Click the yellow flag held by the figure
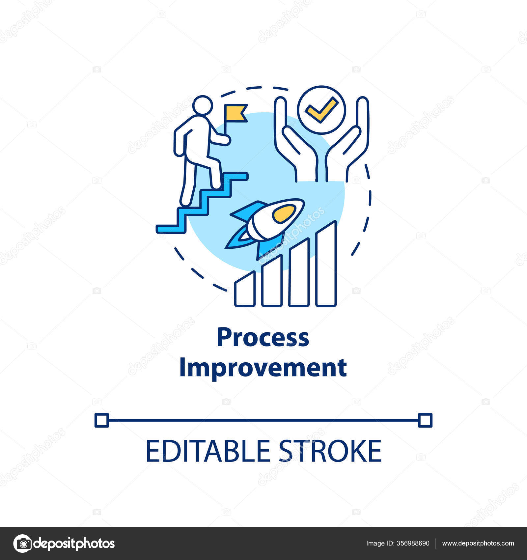[x=235, y=113]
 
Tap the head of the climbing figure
[x=203, y=105]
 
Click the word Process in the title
[x=263, y=337]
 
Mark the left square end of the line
[x=102, y=420]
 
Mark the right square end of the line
[x=425, y=420]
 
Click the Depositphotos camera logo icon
[x=22, y=543]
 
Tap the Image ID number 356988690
[x=413, y=543]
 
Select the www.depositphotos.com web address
[x=478, y=543]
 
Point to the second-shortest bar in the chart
[x=272, y=282]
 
